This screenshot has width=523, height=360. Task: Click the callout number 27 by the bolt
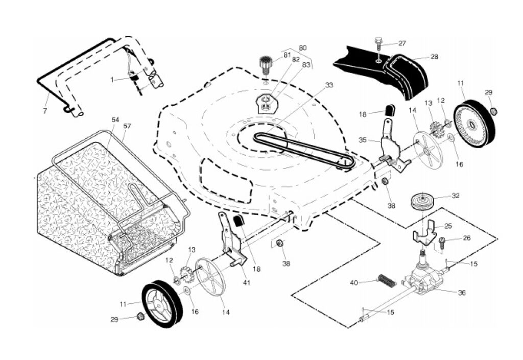402,43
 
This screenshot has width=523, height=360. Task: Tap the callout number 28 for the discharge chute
434,57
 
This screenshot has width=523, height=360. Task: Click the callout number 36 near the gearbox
462,293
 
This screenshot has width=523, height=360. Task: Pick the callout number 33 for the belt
329,85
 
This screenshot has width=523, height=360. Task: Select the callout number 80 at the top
303,48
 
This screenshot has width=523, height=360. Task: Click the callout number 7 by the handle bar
45,111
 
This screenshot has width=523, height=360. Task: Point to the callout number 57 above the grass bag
127,125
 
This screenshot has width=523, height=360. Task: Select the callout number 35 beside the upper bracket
363,139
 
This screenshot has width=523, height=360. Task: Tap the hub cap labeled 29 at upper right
493,111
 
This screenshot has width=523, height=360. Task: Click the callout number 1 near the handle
112,80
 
